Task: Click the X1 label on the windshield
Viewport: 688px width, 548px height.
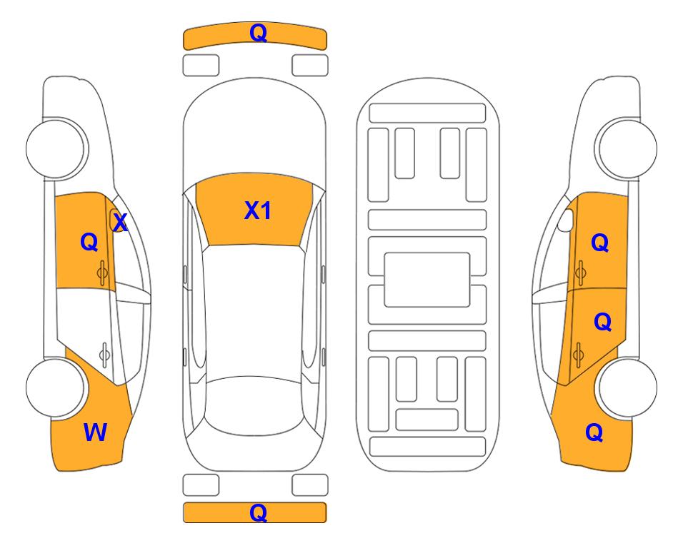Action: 258,210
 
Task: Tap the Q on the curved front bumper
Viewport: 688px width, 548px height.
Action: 258,33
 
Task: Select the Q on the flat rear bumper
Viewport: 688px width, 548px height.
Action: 258,512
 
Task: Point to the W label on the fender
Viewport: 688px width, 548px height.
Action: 95,432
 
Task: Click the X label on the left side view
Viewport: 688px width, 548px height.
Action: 120,223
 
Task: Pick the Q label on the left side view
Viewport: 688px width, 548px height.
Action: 89,242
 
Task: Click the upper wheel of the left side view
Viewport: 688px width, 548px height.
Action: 56,148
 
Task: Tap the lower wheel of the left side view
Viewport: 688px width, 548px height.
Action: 56,387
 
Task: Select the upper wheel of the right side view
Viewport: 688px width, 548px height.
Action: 627,148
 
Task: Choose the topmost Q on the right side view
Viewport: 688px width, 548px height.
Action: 600,243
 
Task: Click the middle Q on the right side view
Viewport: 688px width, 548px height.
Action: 602,323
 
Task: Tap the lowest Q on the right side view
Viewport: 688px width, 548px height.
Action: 594,432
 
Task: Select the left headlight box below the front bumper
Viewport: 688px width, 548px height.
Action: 201,65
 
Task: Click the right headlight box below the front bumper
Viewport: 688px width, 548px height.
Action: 310,65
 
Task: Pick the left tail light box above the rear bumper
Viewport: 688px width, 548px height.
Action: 201,485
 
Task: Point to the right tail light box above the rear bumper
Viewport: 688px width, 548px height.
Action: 310,485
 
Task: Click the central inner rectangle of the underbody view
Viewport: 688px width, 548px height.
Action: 427,279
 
